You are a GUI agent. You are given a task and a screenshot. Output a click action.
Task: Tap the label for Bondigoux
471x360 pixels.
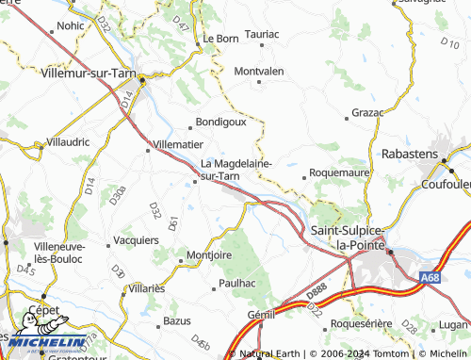point(219,123)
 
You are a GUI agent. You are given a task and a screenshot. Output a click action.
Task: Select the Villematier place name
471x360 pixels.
point(177,145)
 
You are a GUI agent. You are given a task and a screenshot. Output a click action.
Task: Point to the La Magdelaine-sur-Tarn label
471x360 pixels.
point(235,169)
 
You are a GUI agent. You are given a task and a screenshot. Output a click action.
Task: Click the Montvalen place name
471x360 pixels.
point(260,72)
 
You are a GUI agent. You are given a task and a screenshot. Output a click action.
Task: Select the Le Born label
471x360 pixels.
point(220,40)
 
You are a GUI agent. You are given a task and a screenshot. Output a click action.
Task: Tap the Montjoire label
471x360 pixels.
point(209,255)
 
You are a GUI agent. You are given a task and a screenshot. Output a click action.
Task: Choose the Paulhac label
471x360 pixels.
point(236,283)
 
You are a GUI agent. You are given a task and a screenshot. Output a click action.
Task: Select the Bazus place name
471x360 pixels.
point(177,321)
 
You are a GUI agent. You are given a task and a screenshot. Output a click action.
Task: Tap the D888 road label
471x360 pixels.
point(317,293)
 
